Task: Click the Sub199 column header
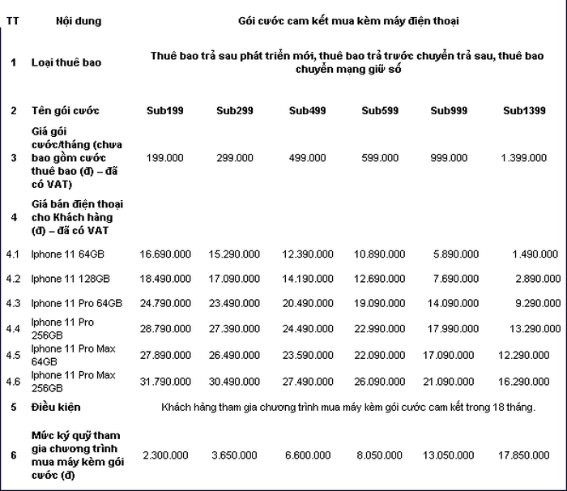[164, 110]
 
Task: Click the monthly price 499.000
[307, 157]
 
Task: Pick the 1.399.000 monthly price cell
[523, 157]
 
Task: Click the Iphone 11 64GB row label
[67, 254]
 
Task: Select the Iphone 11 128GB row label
[70, 279]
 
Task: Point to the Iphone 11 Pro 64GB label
[76, 303]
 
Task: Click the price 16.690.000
[165, 254]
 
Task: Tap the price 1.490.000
[535, 254]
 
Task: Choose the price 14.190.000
[307, 279]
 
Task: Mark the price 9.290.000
[535, 303]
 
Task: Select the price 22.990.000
[379, 328]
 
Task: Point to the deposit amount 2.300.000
[165, 455]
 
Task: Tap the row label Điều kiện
[56, 407]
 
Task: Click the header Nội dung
[79, 20]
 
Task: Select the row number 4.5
[13, 355]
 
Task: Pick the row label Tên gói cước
[65, 110]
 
